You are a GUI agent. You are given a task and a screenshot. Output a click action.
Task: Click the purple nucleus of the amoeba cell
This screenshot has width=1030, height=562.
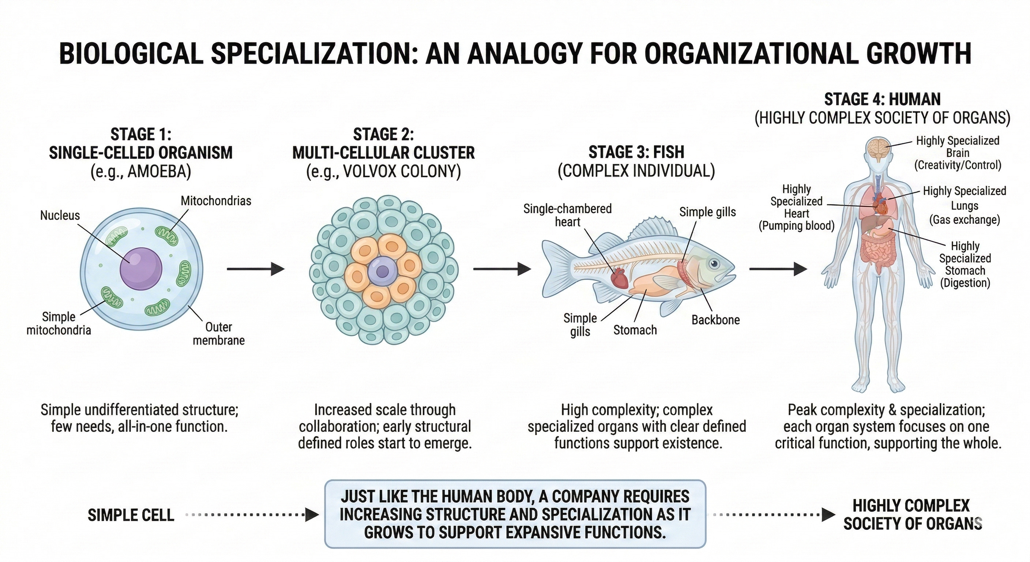click(x=141, y=267)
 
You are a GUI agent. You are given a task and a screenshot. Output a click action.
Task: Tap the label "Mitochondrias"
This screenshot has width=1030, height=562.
click(x=216, y=201)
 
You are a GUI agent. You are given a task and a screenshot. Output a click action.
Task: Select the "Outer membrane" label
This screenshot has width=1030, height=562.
click(x=219, y=334)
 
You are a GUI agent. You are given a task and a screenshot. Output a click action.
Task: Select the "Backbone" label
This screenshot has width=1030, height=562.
click(x=715, y=320)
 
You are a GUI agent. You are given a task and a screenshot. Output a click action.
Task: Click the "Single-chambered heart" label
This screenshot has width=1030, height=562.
click(x=567, y=215)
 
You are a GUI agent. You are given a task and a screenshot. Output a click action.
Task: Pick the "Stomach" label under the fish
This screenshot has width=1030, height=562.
click(x=635, y=330)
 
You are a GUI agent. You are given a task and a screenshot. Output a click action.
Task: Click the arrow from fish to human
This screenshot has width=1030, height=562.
click(x=778, y=269)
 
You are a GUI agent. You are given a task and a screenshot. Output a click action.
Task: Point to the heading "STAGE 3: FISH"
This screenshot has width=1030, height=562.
click(x=636, y=153)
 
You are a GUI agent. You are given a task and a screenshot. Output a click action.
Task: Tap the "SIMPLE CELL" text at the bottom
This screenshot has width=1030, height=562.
click(x=131, y=515)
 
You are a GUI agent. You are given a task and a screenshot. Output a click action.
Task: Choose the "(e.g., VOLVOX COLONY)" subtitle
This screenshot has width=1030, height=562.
click(x=383, y=172)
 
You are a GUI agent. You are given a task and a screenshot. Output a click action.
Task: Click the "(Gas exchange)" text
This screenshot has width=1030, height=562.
click(x=964, y=220)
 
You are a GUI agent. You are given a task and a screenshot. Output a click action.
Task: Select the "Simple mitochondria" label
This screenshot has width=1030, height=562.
click(x=59, y=323)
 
